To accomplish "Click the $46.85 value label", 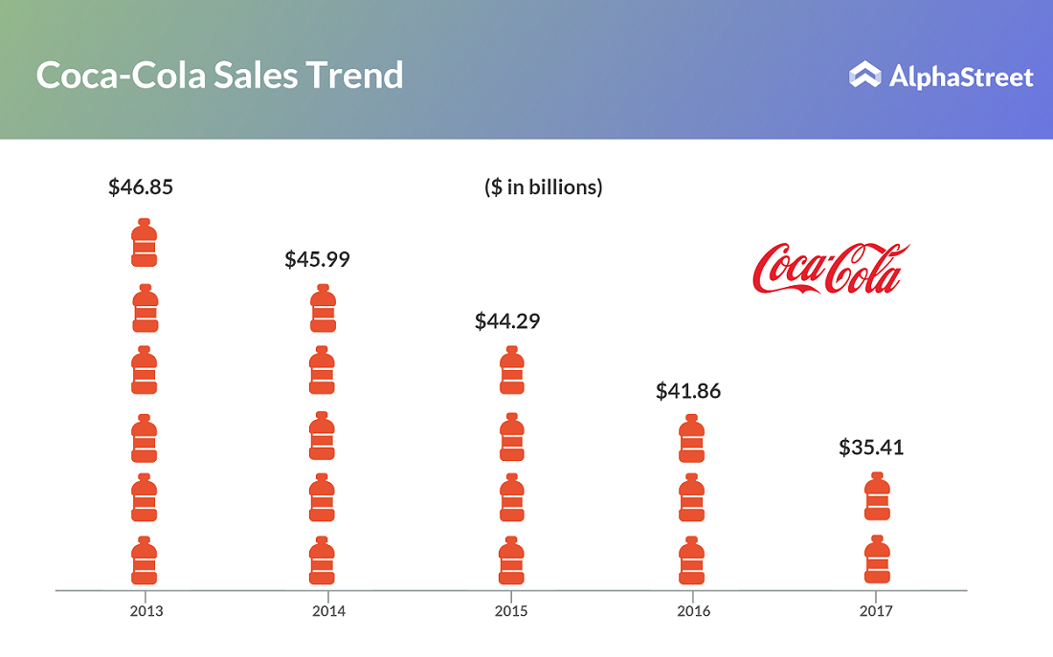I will pyautogui.click(x=141, y=186).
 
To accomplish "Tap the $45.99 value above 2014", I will pyautogui.click(x=317, y=259).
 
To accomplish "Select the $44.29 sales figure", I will pyautogui.click(x=507, y=321).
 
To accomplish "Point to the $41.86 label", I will pyautogui.click(x=688, y=391).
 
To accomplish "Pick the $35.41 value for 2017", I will pyautogui.click(x=871, y=447).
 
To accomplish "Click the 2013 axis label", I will pyautogui.click(x=146, y=611).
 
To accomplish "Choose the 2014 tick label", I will pyautogui.click(x=329, y=611).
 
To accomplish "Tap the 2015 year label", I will pyautogui.click(x=511, y=611).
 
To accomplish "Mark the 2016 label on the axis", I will pyautogui.click(x=694, y=611).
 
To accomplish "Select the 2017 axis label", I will pyautogui.click(x=876, y=611).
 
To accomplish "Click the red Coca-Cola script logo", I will pyautogui.click(x=830, y=268).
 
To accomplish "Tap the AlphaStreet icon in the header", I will pyautogui.click(x=864, y=76).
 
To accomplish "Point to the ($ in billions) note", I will pyautogui.click(x=544, y=187).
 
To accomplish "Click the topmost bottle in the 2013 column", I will pyautogui.click(x=144, y=243).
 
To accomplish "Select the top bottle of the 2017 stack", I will pyautogui.click(x=877, y=496).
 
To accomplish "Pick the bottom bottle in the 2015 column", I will pyautogui.click(x=512, y=560).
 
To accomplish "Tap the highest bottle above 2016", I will pyautogui.click(x=691, y=439).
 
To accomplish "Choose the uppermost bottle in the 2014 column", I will pyautogui.click(x=324, y=309).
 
